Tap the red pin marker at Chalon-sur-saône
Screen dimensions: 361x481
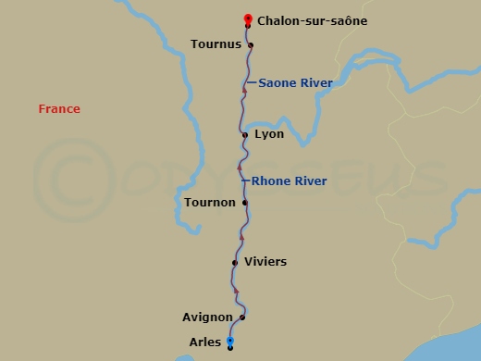coord(248,19)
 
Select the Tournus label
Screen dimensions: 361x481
coord(216,44)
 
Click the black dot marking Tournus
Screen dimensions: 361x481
coord(251,44)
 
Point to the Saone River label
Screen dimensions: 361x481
coord(295,82)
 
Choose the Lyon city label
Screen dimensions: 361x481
coord(269,134)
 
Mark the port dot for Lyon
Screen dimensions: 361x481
coord(245,135)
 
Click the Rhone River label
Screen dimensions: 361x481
coord(289,180)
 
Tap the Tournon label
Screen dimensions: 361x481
coord(210,203)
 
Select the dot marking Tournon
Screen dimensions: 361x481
coord(245,203)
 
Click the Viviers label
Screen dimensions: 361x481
coord(265,262)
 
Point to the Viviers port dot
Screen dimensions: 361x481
coord(235,263)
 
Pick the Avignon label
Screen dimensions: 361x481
coord(207,317)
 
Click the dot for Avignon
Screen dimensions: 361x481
coord(242,317)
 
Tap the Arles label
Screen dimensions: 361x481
coord(204,342)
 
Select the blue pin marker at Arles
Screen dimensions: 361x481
coord(230,342)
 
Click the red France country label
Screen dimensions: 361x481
coord(59,109)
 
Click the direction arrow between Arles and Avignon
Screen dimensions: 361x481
coord(236,291)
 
